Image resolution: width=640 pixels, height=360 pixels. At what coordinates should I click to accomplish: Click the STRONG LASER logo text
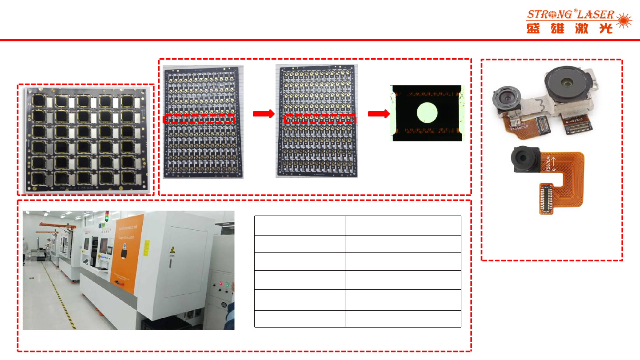pyautogui.click(x=570, y=15)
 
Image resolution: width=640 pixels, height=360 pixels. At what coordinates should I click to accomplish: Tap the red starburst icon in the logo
pyautogui.click(x=624, y=21)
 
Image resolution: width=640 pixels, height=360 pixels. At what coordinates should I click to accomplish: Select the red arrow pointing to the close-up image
pyautogui.click(x=377, y=114)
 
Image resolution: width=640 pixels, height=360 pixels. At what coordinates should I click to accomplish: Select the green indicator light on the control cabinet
pyautogui.click(x=227, y=284)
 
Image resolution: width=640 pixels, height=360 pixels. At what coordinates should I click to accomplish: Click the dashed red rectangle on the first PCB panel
pyautogui.click(x=199, y=119)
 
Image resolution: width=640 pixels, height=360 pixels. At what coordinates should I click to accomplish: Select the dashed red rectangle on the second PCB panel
pyautogui.click(x=320, y=119)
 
